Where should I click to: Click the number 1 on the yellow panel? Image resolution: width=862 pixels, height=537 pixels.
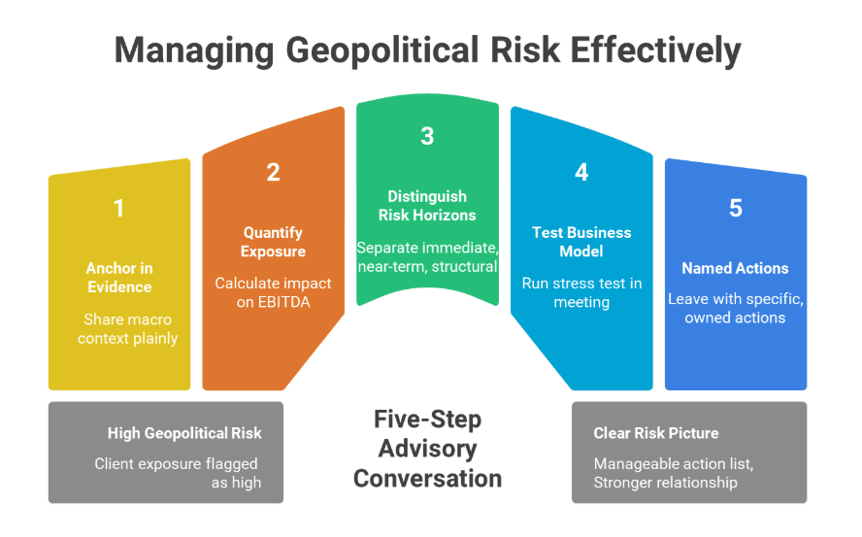[x=118, y=208]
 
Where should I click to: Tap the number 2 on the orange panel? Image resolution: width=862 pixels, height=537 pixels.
[x=273, y=172]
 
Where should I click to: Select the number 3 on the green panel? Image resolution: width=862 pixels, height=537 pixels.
[x=427, y=136]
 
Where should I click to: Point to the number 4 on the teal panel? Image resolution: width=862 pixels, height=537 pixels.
[x=581, y=172]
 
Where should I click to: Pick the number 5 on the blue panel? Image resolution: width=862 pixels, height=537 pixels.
[x=735, y=208]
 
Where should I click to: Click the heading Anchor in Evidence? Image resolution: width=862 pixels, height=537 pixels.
[x=119, y=277]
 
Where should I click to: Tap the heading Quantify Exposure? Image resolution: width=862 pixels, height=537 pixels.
[x=273, y=242]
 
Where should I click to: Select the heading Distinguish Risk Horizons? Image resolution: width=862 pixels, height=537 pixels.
[x=427, y=206]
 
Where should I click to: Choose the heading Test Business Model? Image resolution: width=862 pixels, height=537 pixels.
[x=581, y=242]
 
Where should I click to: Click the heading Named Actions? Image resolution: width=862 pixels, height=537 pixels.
[x=735, y=268]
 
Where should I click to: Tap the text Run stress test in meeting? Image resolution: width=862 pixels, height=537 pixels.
[x=581, y=292]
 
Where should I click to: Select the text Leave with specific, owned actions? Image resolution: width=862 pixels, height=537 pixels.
[x=735, y=308]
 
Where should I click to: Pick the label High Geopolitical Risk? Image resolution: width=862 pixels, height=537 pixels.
[x=184, y=433]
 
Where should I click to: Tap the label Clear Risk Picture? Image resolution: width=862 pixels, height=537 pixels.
[x=656, y=433]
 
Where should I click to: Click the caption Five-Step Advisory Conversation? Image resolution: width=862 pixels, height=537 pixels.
[x=427, y=449]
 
